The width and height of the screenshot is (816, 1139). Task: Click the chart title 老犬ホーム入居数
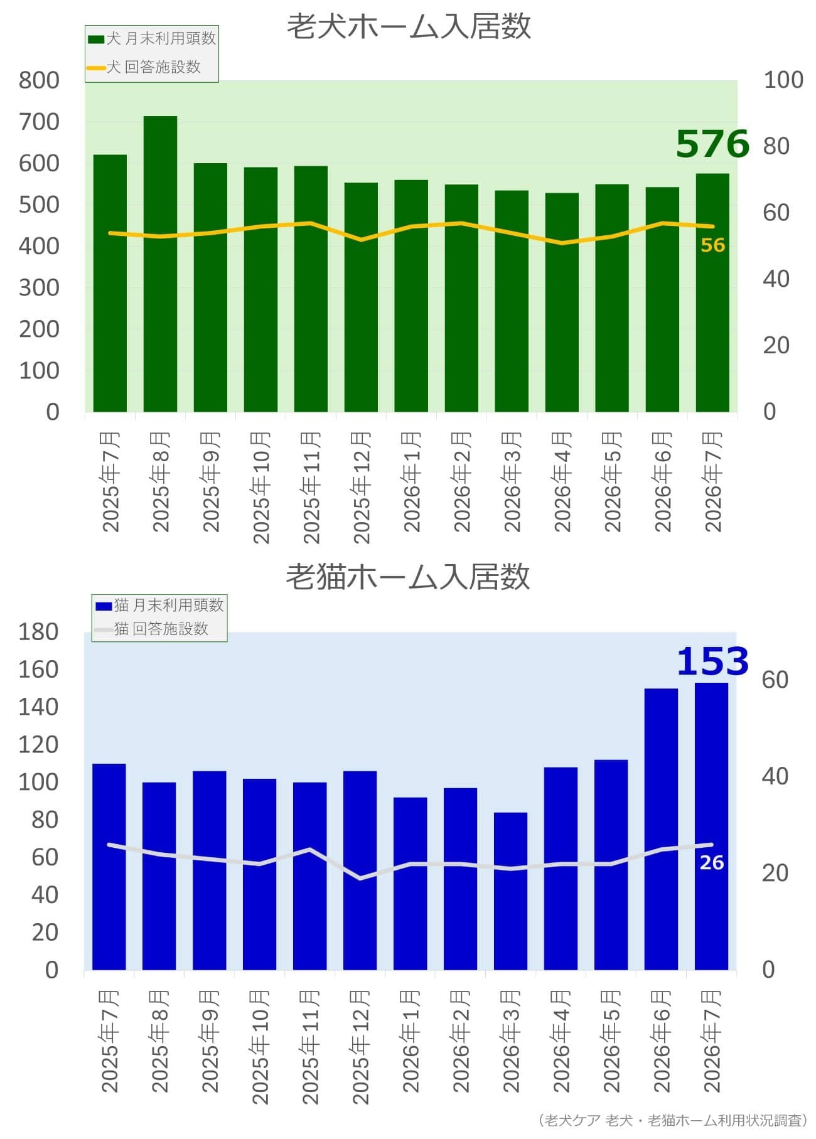[x=409, y=27]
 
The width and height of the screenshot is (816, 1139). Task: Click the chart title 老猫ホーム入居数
[x=408, y=577]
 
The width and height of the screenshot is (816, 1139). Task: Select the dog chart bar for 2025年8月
[x=160, y=264]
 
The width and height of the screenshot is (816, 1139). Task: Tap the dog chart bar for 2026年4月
[x=562, y=302]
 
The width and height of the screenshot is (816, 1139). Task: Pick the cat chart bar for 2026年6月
[x=661, y=829]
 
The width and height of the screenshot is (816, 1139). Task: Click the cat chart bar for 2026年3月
[x=510, y=891]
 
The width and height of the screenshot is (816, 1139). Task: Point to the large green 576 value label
[x=712, y=144]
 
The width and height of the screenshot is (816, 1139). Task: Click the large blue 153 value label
[x=712, y=661]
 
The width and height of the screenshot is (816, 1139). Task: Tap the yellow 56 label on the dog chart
[x=712, y=245]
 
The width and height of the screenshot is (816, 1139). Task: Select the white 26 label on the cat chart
[x=712, y=863]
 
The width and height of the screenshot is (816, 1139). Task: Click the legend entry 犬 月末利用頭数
[x=152, y=38]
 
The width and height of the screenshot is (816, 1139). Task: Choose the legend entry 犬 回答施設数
[x=144, y=67]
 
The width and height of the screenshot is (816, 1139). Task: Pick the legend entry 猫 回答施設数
[x=151, y=628]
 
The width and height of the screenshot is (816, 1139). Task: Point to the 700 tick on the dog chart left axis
[x=39, y=122]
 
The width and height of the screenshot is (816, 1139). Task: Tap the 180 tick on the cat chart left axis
[x=39, y=632]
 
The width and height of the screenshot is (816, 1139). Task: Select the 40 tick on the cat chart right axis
[x=775, y=776]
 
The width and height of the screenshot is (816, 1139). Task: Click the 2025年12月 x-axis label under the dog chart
[x=362, y=487]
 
